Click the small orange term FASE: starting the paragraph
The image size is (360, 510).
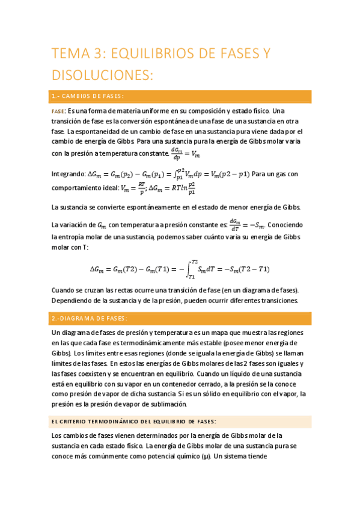[58, 112]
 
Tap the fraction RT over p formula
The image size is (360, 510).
[142, 188]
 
